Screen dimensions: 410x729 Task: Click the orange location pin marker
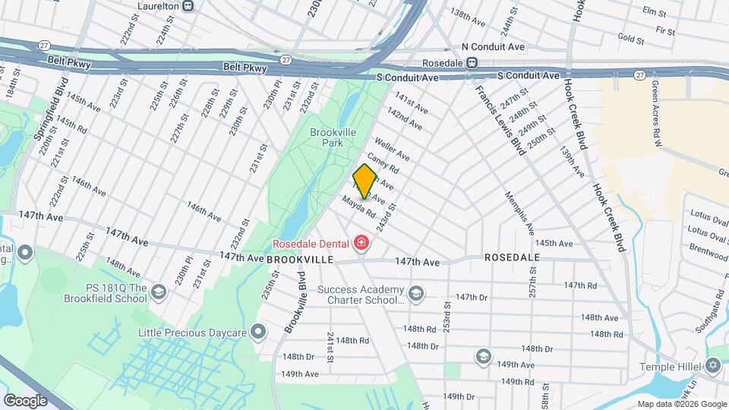[365, 180]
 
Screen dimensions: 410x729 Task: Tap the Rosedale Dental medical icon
[362, 244]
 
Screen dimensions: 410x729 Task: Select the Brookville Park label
[333, 137]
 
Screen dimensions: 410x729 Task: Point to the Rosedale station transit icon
[472, 62]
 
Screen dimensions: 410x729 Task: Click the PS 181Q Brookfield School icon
[159, 292]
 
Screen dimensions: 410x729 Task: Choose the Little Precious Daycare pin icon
[258, 332]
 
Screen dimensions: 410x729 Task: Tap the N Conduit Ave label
[493, 47]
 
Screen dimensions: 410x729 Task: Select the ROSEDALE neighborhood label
[513, 257]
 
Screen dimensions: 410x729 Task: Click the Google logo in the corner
[25, 400]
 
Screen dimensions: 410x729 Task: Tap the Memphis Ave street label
[520, 213]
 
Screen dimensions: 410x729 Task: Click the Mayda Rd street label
[358, 207]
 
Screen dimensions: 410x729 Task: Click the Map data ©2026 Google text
[681, 404]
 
